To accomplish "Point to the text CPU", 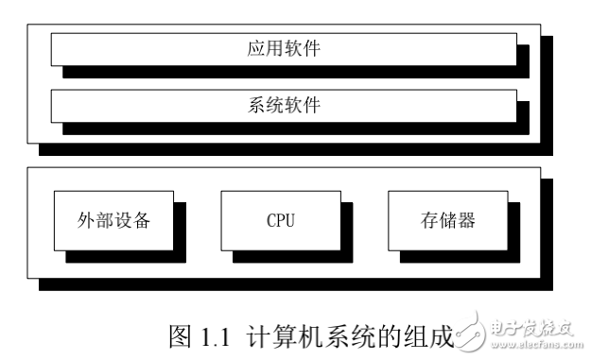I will click(x=281, y=222).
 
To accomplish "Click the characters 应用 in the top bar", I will click(x=259, y=48).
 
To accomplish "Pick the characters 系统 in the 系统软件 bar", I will click(x=259, y=104).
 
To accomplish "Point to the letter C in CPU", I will click(x=271, y=222).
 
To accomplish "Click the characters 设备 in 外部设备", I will click(x=132, y=222).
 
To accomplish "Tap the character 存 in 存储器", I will click(x=429, y=222).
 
